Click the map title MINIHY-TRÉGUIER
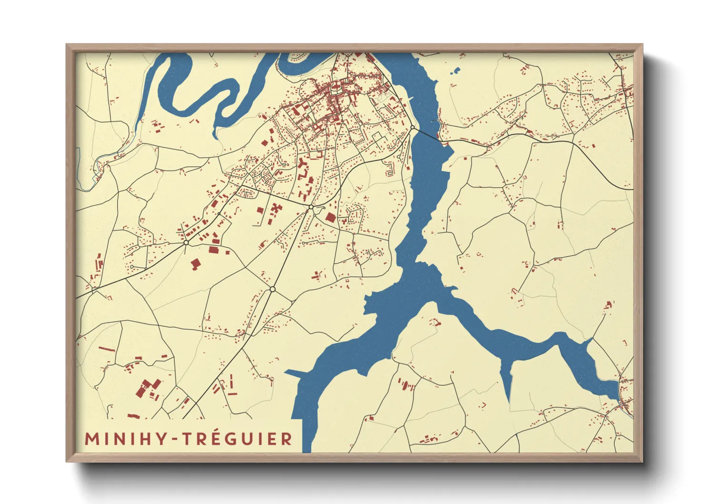[188, 439]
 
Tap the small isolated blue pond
[456, 71]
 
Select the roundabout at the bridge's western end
[413, 128]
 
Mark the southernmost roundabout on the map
[272, 289]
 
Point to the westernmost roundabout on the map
[186, 243]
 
